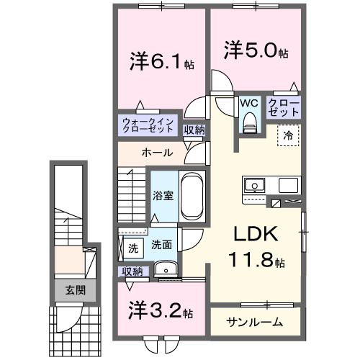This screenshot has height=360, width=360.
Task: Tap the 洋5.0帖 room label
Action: click(x=256, y=53)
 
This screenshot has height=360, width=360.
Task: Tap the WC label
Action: click(x=249, y=103)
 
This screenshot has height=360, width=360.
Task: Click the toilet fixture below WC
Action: click(x=250, y=124)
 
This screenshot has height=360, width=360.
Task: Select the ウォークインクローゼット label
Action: click(x=147, y=125)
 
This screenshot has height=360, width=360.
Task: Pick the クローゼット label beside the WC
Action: click(x=283, y=108)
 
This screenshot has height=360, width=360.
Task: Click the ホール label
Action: click(x=156, y=153)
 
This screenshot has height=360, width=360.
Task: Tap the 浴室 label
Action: click(x=163, y=196)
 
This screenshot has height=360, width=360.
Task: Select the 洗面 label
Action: click(x=161, y=245)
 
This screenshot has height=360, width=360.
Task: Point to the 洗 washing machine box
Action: click(x=132, y=248)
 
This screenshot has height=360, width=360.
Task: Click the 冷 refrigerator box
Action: click(x=287, y=135)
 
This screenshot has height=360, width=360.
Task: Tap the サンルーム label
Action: click(x=254, y=322)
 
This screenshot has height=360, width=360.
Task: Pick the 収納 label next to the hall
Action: click(x=193, y=130)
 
